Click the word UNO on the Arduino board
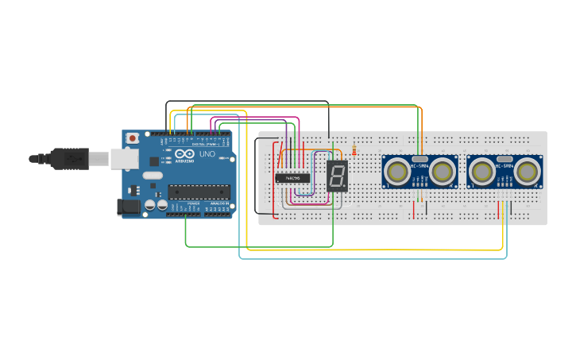(x=207, y=154)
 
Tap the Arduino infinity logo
(x=185, y=154)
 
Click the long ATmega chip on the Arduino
(x=199, y=191)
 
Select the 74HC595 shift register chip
(x=292, y=178)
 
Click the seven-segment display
(x=337, y=176)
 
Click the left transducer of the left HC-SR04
(x=396, y=170)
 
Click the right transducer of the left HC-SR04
(x=443, y=170)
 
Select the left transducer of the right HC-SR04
(x=482, y=170)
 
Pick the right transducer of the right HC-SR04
(x=528, y=170)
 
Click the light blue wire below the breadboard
(x=373, y=258)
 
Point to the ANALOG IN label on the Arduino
(x=218, y=203)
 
